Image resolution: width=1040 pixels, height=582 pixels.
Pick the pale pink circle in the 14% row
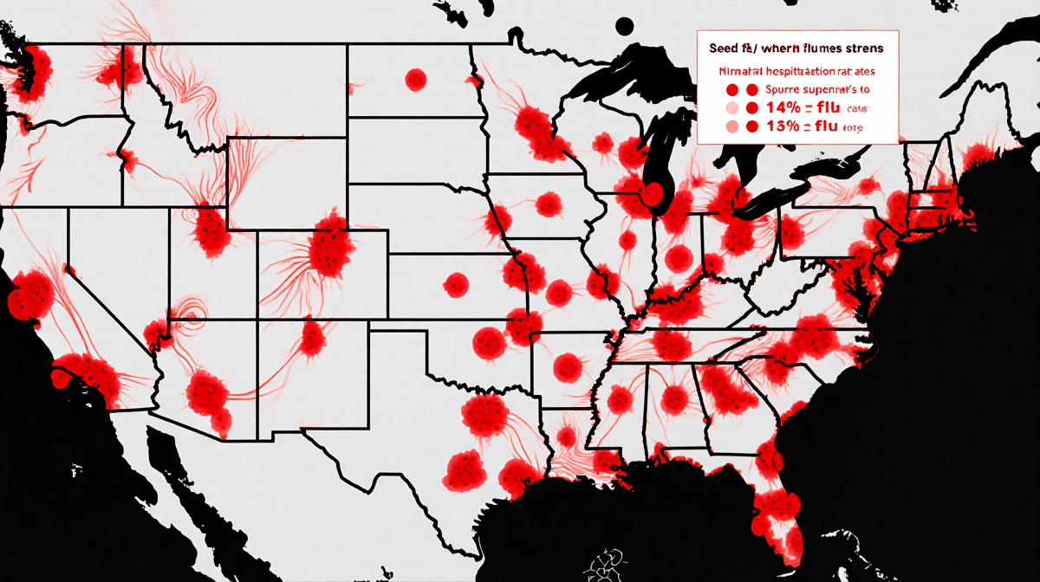(731, 108)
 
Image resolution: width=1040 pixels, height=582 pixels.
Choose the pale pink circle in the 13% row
(731, 127)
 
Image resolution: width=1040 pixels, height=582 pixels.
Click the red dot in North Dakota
(416, 81)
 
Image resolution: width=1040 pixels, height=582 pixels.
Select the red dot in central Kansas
(456, 282)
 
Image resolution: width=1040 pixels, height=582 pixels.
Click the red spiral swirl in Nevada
(188, 310)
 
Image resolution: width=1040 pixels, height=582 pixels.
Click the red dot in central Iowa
(548, 204)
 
